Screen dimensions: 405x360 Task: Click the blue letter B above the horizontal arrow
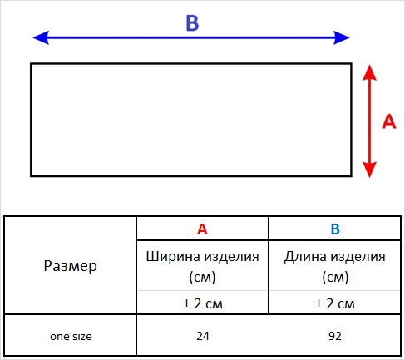(x=192, y=22)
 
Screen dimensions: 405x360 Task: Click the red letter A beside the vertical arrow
(x=389, y=121)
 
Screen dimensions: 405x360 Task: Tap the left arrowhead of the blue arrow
(x=41, y=37)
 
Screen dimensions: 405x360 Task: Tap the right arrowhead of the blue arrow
(x=342, y=37)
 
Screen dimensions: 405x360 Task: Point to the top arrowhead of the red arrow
(x=369, y=72)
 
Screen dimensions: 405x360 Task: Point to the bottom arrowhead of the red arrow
(x=369, y=170)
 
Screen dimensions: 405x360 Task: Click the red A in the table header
(x=202, y=229)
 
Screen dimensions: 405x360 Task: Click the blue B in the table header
(x=335, y=229)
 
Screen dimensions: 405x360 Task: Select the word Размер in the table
(x=71, y=266)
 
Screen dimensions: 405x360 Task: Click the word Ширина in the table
(x=173, y=256)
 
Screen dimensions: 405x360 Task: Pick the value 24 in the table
(x=203, y=336)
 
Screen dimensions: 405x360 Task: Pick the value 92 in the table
(x=335, y=336)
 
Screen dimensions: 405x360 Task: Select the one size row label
(x=71, y=336)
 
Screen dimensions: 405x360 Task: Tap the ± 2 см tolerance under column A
(x=203, y=303)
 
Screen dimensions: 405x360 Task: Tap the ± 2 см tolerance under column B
(x=335, y=303)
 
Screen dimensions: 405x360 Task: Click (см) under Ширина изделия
(x=202, y=277)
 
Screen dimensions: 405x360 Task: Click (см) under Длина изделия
(x=335, y=277)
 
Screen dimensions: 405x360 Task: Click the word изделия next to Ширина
(x=231, y=257)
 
